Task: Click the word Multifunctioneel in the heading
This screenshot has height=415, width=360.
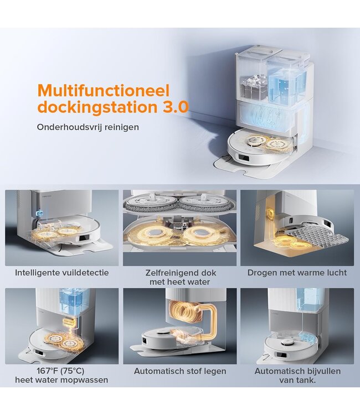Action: coord(104,91)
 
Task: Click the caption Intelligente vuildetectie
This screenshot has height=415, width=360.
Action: coord(61,273)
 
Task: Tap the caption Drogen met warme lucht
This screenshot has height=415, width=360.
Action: coord(297,273)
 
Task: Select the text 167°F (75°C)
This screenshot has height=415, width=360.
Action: coord(60,371)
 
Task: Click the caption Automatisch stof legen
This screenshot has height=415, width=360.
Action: coord(180,371)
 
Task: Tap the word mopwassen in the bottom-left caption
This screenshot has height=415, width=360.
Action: coord(85,380)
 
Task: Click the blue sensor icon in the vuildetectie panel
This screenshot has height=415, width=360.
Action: coord(40,213)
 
